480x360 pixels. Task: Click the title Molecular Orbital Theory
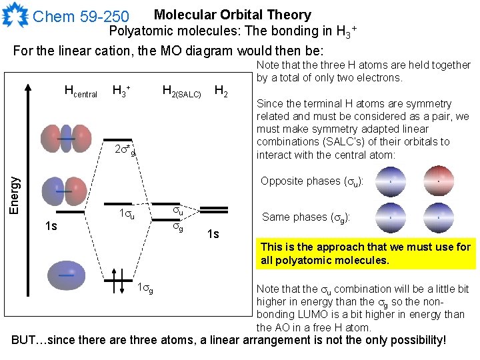(232, 14)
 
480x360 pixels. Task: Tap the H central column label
(81, 91)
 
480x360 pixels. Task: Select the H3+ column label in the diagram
(121, 90)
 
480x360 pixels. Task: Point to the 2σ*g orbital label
(124, 150)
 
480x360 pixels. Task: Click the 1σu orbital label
(127, 215)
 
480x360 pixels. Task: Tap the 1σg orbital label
(145, 288)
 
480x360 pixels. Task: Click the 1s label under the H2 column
(213, 233)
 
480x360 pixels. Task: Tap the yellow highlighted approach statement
(365, 253)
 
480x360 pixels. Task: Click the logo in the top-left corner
(15, 15)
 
